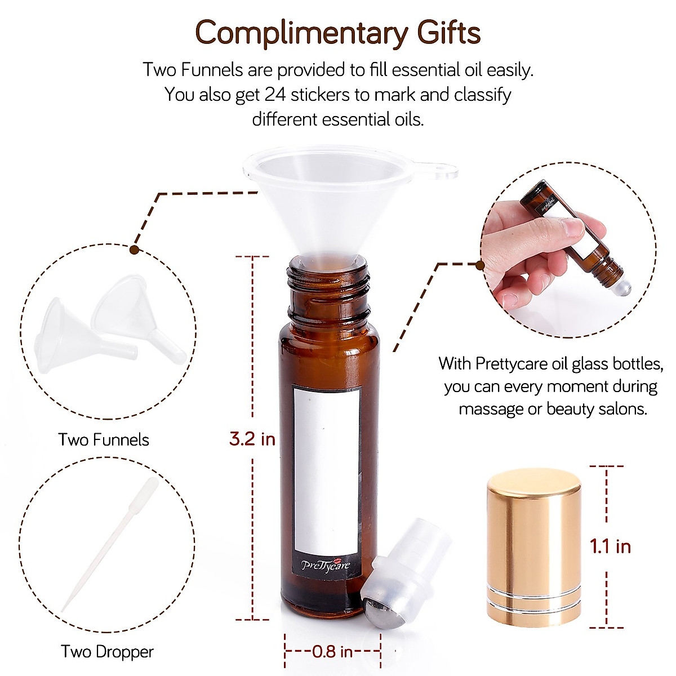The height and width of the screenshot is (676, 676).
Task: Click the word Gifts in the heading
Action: pyautogui.click(x=448, y=33)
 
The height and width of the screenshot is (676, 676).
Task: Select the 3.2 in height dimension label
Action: pyautogui.click(x=252, y=438)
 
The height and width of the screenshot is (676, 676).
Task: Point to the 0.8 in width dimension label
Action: pyautogui.click(x=332, y=652)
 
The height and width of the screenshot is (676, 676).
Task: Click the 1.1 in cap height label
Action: pyautogui.click(x=610, y=546)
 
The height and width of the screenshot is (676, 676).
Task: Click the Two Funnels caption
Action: pyautogui.click(x=104, y=439)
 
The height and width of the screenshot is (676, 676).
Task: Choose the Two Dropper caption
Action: pyautogui.click(x=107, y=652)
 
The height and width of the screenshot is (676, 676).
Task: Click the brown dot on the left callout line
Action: pyautogui.click(x=135, y=248)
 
